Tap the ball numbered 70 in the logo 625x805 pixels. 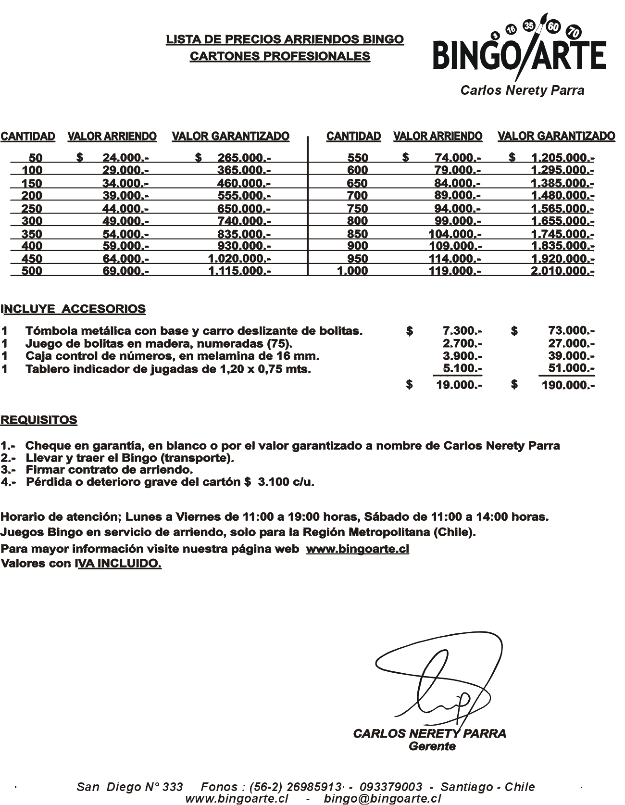(x=574, y=32)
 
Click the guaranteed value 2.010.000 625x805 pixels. (x=562, y=271)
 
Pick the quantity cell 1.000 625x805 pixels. (x=352, y=271)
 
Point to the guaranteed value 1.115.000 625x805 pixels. (x=239, y=271)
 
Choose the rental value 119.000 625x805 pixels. (x=454, y=271)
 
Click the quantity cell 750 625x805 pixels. (x=357, y=208)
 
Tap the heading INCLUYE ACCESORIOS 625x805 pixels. (x=74, y=309)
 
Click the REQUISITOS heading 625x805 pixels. (x=39, y=420)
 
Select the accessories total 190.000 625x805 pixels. (x=568, y=385)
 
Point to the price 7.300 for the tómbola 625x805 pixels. (x=462, y=330)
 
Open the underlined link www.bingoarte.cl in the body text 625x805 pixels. (x=357, y=549)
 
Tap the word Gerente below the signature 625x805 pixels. (x=432, y=746)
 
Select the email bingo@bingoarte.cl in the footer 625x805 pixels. (x=382, y=798)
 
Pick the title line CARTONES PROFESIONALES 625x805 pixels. (x=280, y=56)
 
